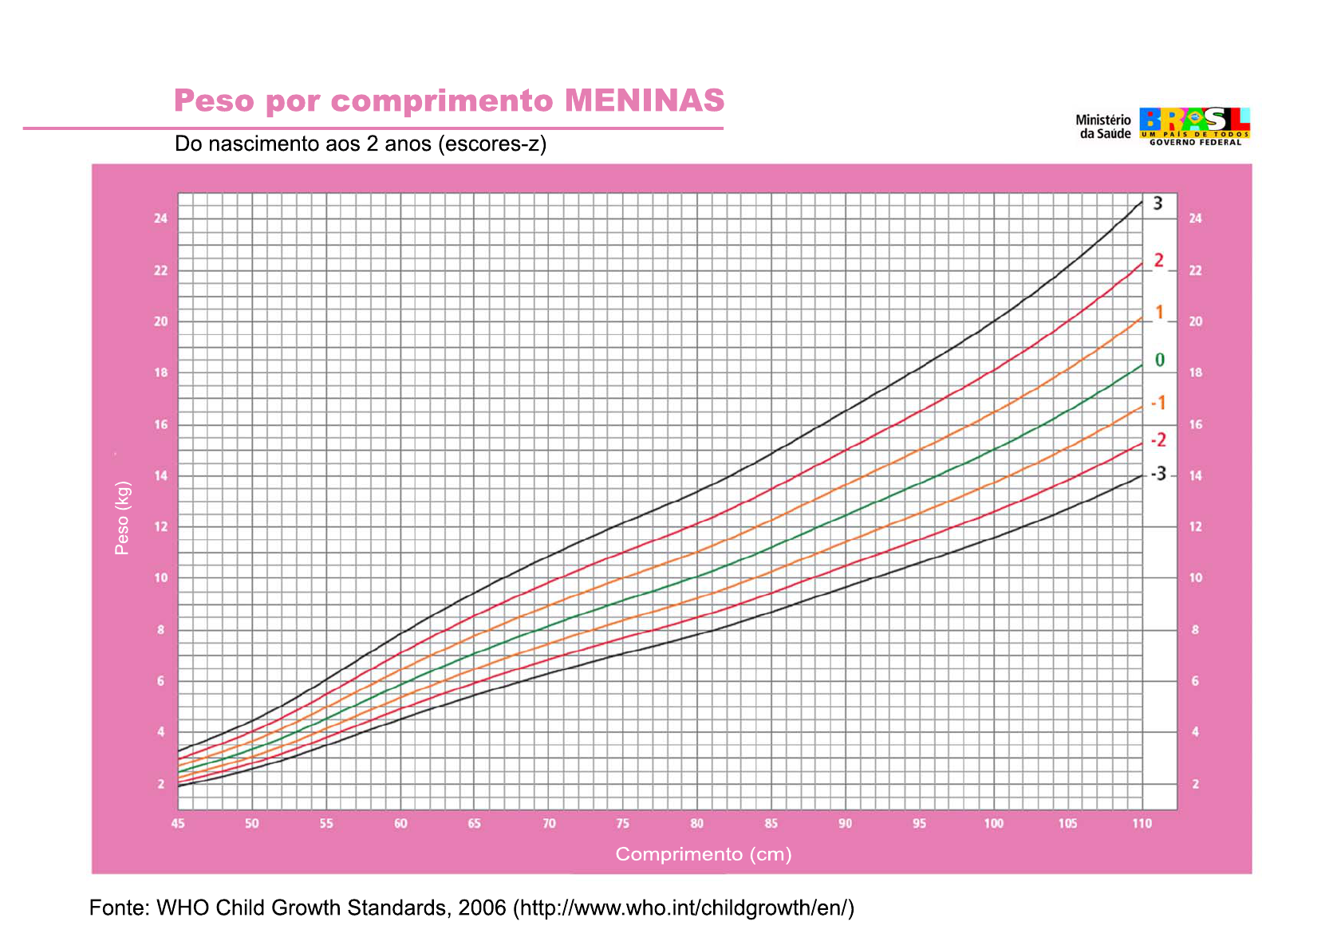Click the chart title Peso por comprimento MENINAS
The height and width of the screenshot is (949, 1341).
[x=449, y=101]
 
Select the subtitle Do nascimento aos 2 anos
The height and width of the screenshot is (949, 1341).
[x=361, y=144]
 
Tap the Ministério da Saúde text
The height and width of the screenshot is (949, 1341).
[x=1104, y=127]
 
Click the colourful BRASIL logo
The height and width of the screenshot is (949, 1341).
[x=1194, y=125]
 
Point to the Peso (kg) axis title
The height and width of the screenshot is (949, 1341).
[x=122, y=518]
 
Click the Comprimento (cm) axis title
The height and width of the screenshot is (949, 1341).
[x=704, y=854]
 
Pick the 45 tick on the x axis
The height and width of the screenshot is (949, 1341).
[x=178, y=824]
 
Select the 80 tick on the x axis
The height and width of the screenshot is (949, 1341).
[x=697, y=824]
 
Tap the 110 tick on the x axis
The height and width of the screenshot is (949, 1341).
[x=1142, y=824]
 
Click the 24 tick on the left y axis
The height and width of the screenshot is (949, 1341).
[x=161, y=219]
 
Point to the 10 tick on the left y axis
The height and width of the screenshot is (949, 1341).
[x=161, y=578]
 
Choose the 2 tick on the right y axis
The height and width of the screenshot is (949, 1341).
[x=1195, y=784]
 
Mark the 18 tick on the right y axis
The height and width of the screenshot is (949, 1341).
[x=1195, y=373]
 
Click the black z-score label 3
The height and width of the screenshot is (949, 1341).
[x=1158, y=203]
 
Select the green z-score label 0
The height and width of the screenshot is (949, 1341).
[x=1160, y=360]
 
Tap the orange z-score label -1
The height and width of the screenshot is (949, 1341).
[x=1158, y=403]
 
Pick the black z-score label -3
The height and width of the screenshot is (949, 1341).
[x=1158, y=475]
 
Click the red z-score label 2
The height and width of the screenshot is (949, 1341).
[x=1159, y=261]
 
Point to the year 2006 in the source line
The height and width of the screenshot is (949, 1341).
[x=482, y=908]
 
